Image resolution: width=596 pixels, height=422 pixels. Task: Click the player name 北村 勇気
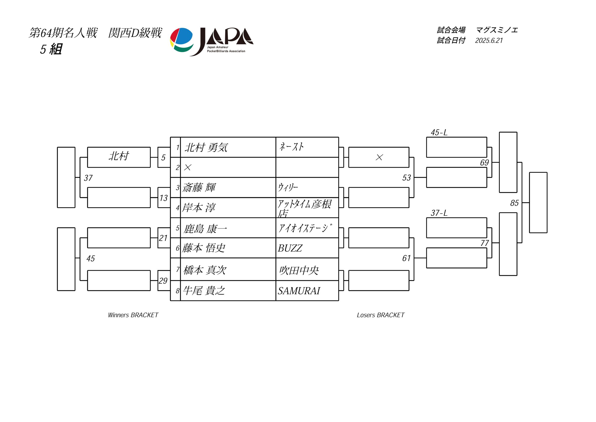click(206, 148)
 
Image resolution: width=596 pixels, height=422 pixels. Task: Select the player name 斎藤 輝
click(199, 187)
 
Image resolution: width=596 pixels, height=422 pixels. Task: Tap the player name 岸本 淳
click(199, 208)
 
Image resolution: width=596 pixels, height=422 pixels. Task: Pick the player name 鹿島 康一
click(205, 229)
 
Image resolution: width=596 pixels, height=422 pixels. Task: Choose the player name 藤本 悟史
click(203, 248)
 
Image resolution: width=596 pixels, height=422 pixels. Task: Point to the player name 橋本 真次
click(205, 270)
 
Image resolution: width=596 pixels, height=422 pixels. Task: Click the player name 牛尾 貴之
click(204, 291)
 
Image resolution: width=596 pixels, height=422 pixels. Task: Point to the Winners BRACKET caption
click(133, 315)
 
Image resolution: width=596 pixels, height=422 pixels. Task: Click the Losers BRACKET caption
click(381, 315)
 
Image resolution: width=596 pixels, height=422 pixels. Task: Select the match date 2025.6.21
click(489, 41)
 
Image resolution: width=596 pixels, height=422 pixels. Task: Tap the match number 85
click(514, 203)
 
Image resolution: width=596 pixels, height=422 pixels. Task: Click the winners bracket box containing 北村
click(119, 157)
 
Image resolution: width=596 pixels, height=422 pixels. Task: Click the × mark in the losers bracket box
click(379, 157)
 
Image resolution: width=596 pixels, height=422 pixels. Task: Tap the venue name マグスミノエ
click(497, 30)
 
